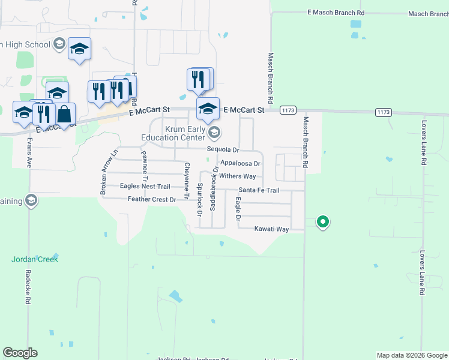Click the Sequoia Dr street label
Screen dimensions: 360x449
click(223, 150)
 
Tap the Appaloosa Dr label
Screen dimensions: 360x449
click(240, 163)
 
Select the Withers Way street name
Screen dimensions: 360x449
click(237, 176)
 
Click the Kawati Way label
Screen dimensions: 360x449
click(271, 229)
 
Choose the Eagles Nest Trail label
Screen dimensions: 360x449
click(145, 187)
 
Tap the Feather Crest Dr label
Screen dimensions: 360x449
click(152, 199)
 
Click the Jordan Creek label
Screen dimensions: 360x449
click(35, 259)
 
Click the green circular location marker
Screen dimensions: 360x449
click(323, 222)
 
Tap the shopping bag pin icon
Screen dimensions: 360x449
click(65, 112)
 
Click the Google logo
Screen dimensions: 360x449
click(20, 353)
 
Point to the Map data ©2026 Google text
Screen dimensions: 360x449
click(412, 355)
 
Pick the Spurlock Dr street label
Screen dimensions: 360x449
click(198, 197)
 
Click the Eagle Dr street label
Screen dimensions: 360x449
click(238, 209)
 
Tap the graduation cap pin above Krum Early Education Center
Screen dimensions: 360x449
click(208, 109)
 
